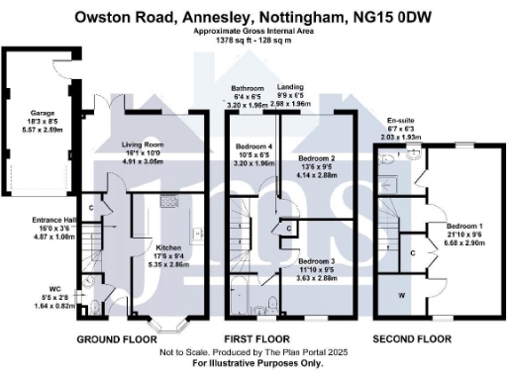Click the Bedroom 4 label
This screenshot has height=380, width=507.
[253, 147]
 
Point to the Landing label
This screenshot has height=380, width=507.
[290, 87]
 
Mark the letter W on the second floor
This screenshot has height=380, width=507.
[402, 295]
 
